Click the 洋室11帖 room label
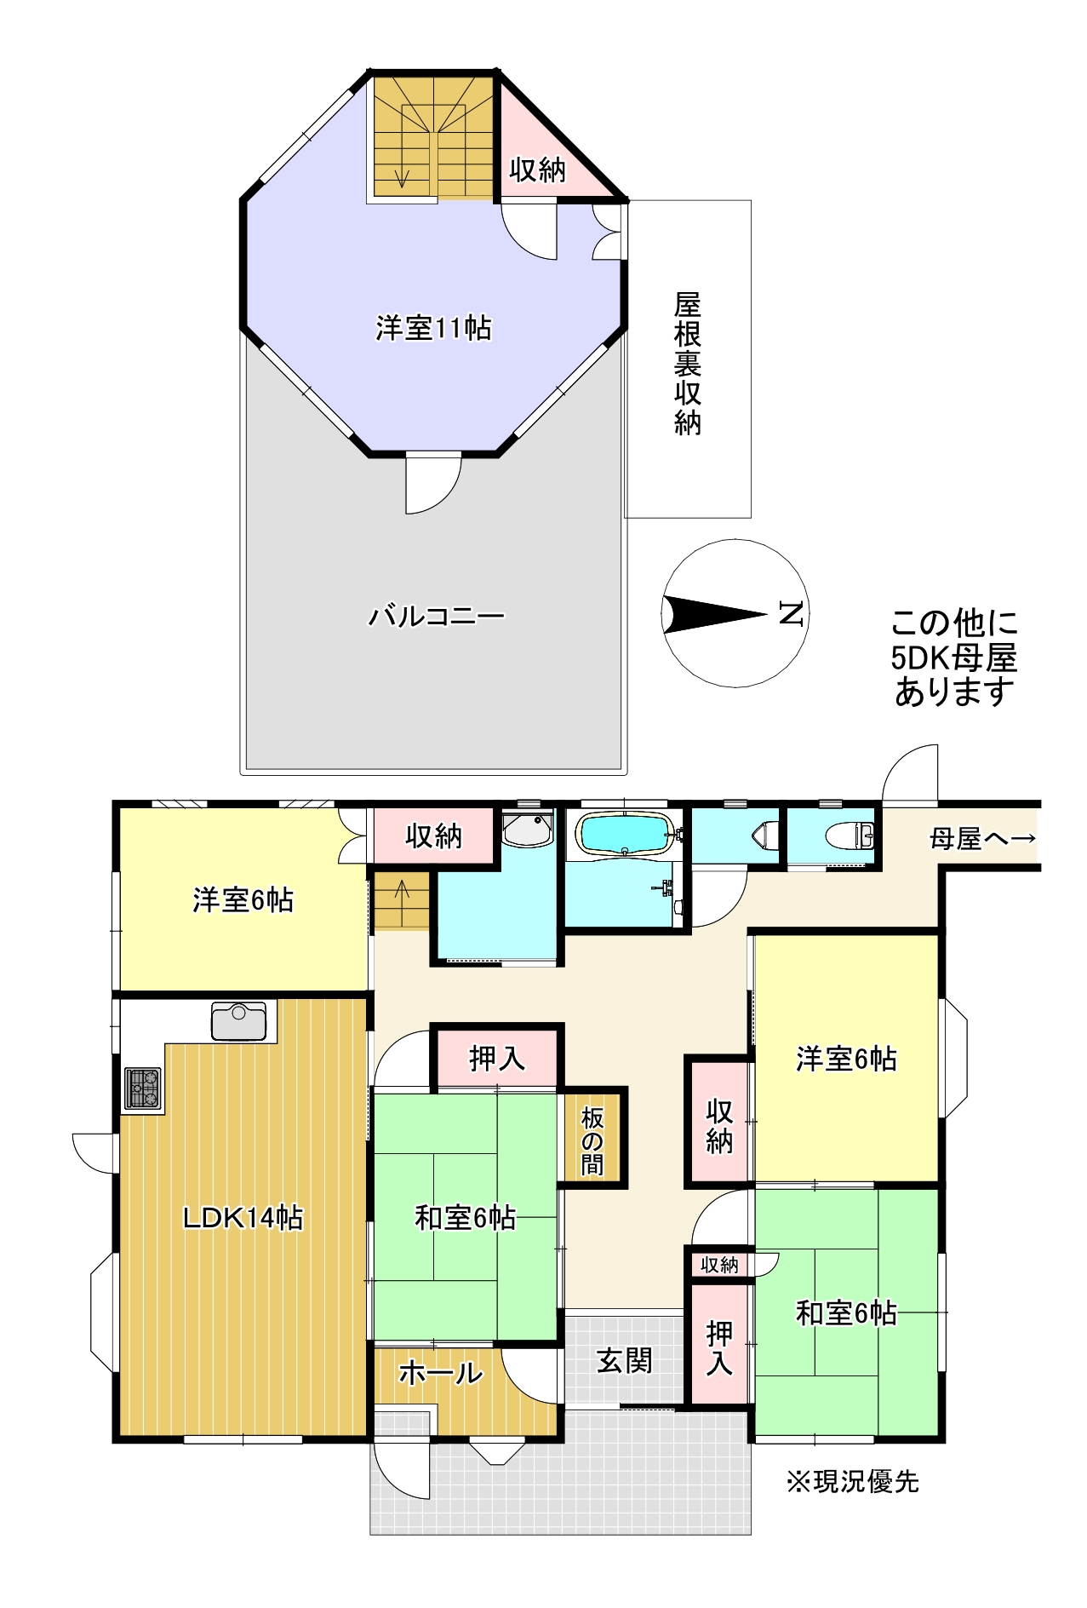(x=433, y=328)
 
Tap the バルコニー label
(x=436, y=615)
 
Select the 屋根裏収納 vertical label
(x=688, y=364)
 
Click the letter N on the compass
(x=791, y=613)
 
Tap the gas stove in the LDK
(x=143, y=1088)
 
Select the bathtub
(x=626, y=832)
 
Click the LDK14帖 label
(x=243, y=1218)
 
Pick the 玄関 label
(x=624, y=1361)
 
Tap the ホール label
(x=440, y=1373)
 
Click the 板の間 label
(x=592, y=1141)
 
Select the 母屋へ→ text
(x=983, y=839)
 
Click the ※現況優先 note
(x=853, y=1482)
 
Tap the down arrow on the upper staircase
(x=402, y=177)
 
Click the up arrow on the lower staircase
(x=401, y=893)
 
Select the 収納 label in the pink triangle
(x=537, y=169)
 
